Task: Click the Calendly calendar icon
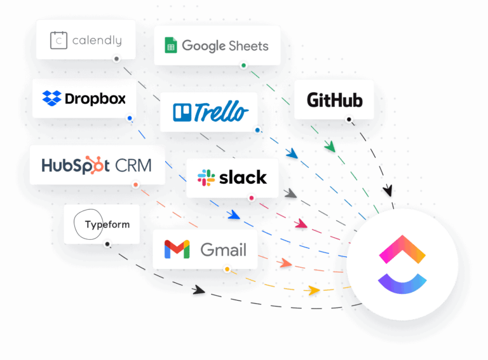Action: click(59, 40)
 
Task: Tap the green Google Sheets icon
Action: click(170, 45)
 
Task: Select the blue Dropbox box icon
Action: click(51, 99)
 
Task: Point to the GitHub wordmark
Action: click(334, 100)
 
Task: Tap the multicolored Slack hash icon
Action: click(206, 178)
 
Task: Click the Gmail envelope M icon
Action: click(177, 249)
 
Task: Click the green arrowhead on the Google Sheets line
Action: click(329, 147)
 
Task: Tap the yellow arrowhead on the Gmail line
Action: click(312, 290)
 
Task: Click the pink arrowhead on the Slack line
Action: click(300, 224)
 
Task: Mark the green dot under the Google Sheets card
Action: click(243, 65)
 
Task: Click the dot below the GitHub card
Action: click(349, 119)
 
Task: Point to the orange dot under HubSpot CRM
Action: click(135, 185)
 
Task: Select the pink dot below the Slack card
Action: click(252, 198)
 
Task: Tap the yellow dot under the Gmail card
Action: click(226, 269)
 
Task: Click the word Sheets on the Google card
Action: click(248, 46)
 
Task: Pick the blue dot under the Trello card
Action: click(257, 130)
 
